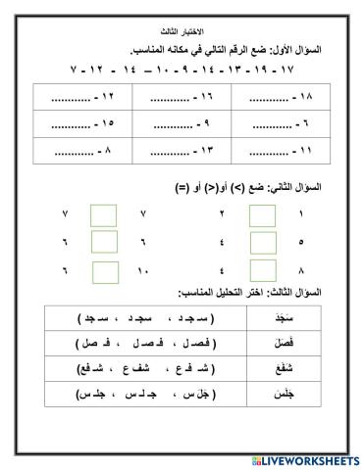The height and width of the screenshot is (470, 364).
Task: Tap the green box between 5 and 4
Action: coord(262,240)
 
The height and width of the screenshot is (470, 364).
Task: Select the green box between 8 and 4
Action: coord(262,267)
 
